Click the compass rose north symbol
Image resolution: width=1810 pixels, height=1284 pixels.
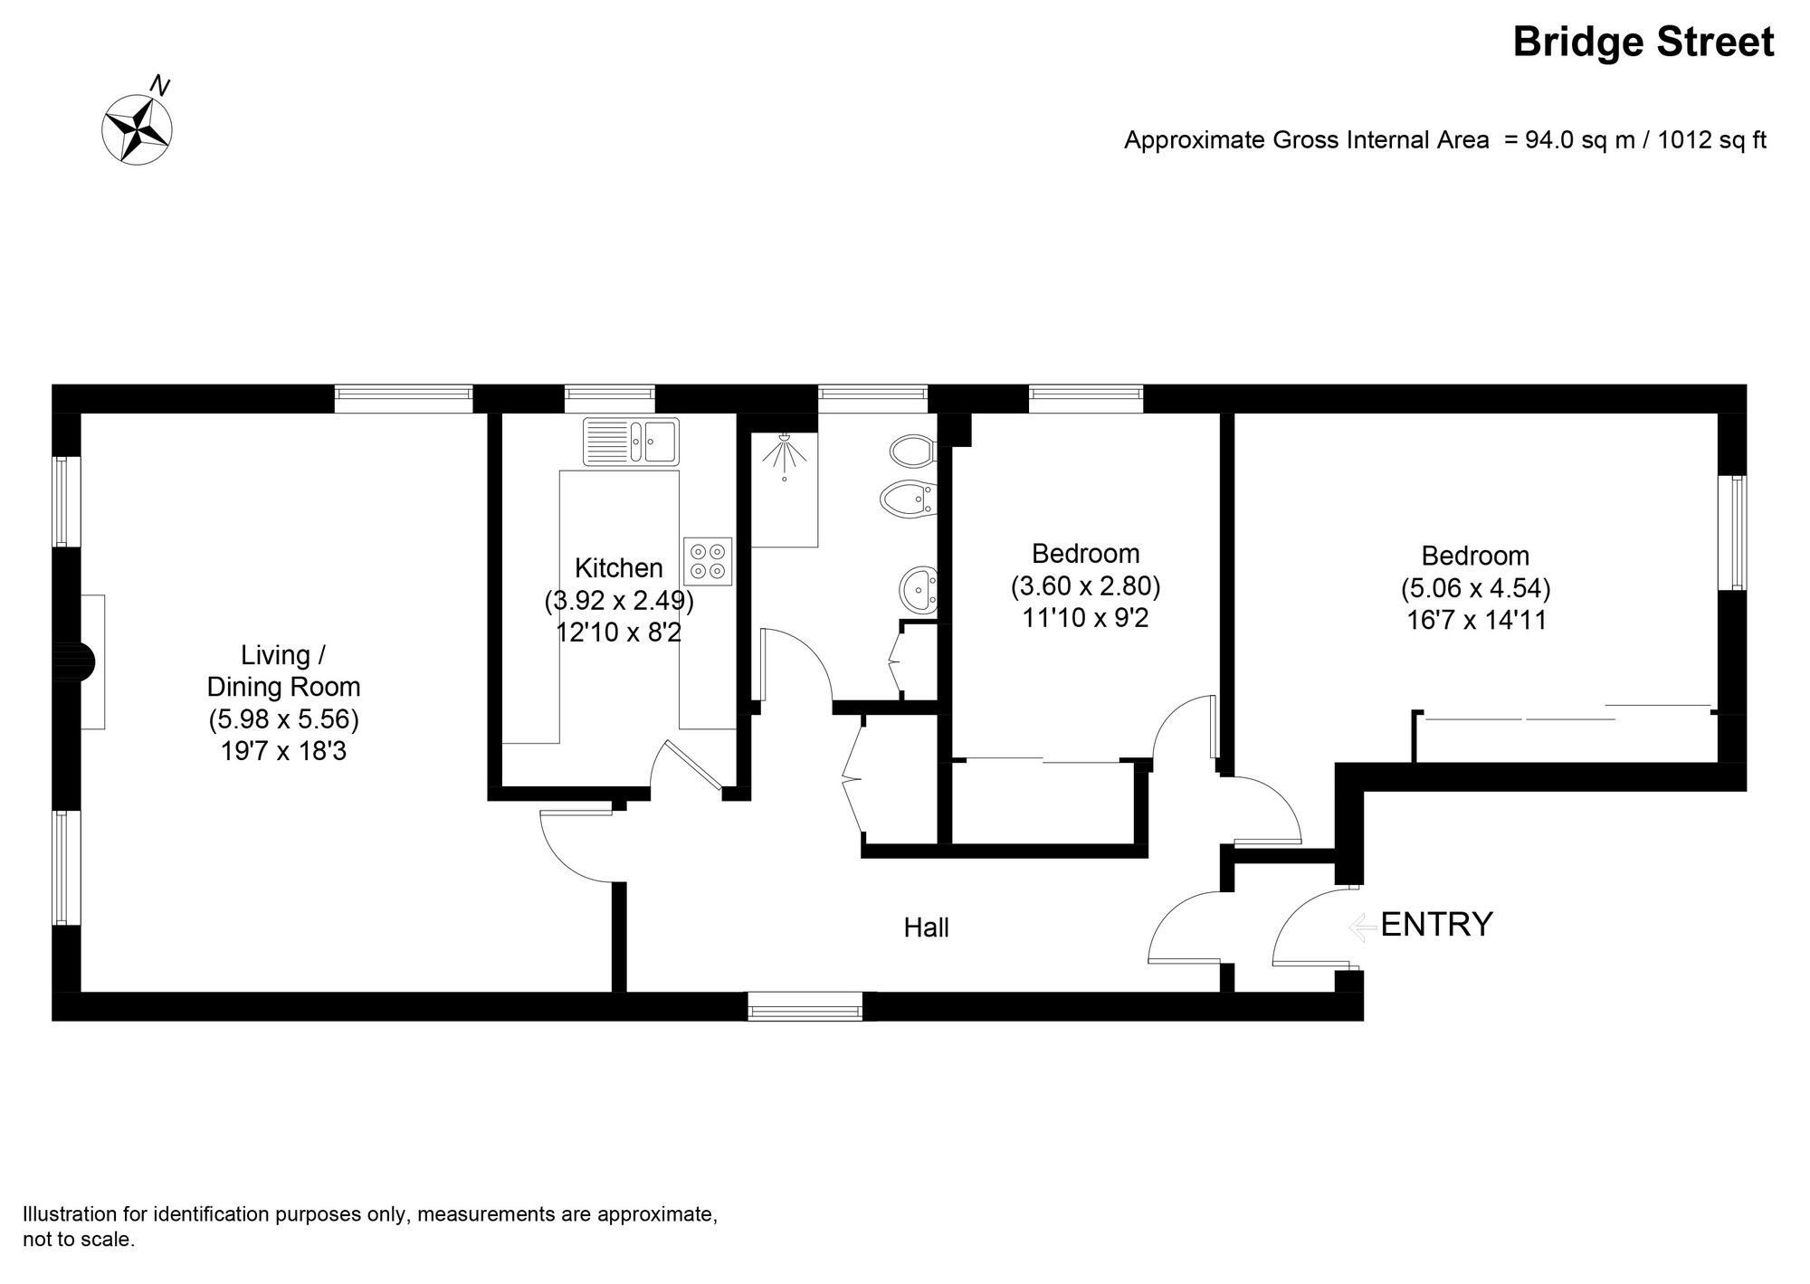(138, 128)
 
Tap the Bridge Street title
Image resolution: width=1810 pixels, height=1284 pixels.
(1643, 43)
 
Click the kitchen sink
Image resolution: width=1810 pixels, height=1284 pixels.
(631, 441)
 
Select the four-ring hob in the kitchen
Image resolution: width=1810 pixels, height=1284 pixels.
(708, 561)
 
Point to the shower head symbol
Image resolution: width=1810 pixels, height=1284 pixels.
(784, 451)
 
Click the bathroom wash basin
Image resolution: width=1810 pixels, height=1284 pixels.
(919, 589)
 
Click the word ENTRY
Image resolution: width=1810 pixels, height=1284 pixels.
(1436, 925)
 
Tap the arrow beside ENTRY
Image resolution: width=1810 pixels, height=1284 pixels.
(1359, 927)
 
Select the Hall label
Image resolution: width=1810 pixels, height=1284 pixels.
(926, 927)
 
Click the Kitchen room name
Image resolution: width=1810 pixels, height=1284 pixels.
(619, 568)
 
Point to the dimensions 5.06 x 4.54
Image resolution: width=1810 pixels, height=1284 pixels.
(1475, 589)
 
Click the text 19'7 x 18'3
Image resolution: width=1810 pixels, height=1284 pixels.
(283, 751)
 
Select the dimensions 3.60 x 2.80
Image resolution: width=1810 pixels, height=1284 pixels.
(1085, 586)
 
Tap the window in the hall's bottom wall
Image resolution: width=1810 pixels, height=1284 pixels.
(805, 1006)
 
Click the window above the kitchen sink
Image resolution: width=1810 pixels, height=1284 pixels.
(609, 399)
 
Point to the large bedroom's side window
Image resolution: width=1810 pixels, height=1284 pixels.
(1732, 533)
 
